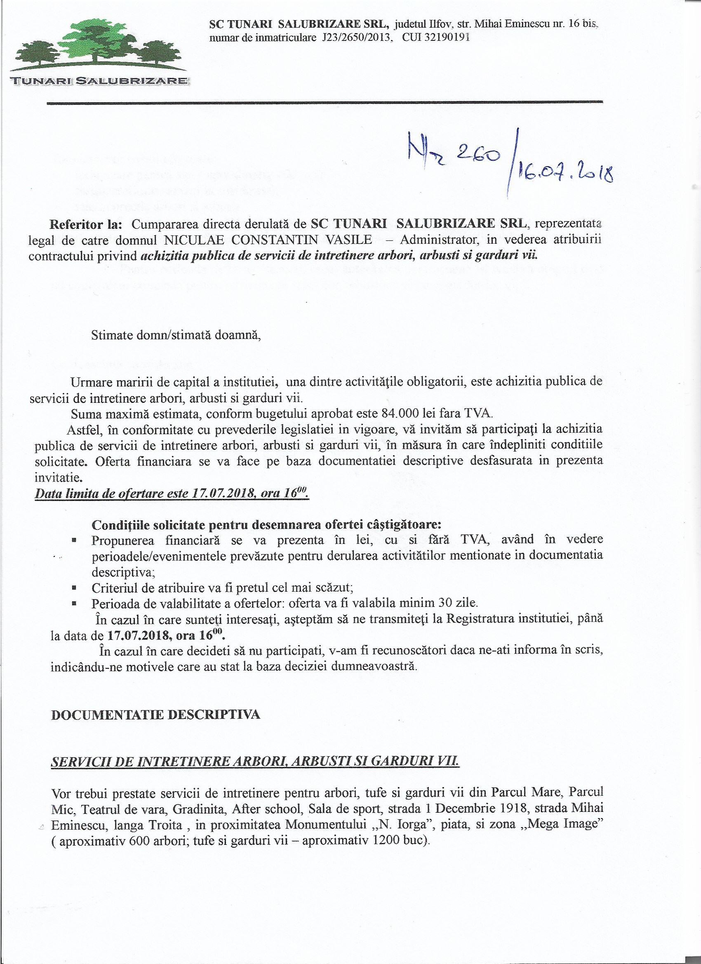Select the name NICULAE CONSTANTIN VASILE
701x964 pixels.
point(268,240)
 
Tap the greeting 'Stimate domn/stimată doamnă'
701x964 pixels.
point(176,335)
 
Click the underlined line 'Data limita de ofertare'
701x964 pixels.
point(172,494)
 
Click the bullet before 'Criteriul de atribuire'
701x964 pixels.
point(74,588)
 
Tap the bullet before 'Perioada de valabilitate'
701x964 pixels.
point(74,603)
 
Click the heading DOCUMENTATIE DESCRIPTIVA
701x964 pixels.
point(155,715)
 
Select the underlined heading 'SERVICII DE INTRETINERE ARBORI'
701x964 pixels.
point(255,761)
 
